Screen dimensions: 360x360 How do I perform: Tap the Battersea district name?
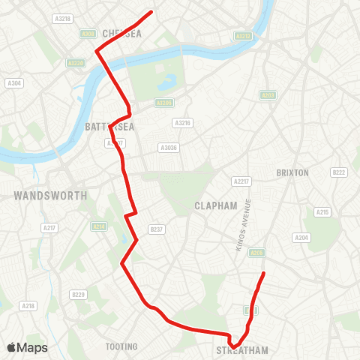click(109, 127)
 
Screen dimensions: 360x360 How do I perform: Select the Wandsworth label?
click(49, 196)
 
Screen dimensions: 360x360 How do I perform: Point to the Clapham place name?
click(215, 205)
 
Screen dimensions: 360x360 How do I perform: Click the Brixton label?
click(292, 172)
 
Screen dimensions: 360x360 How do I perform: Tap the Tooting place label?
click(121, 346)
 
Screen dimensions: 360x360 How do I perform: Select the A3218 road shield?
click(63, 18)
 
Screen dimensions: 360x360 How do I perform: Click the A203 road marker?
click(268, 95)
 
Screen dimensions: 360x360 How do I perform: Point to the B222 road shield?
click(340, 172)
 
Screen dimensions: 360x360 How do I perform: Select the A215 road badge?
click(322, 212)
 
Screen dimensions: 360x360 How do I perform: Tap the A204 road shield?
click(302, 238)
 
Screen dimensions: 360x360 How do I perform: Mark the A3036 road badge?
click(168, 148)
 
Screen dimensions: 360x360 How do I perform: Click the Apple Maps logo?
click(27, 347)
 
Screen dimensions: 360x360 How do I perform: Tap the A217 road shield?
click(49, 227)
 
